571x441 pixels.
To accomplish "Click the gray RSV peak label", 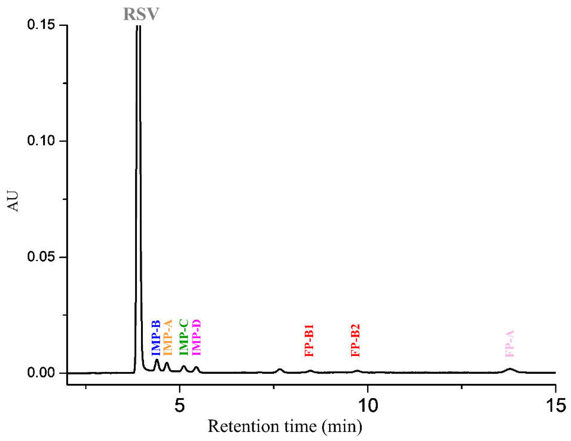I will [x=141, y=14].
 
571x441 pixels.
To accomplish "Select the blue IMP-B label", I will [x=156, y=338].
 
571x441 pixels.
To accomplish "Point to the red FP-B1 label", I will [x=309, y=340].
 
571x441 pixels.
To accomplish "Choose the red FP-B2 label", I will [x=355, y=340].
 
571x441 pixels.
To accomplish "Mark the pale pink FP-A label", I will [x=510, y=343].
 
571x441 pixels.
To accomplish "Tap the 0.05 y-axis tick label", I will [x=41, y=257].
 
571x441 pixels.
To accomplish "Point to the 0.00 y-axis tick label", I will [x=41, y=372].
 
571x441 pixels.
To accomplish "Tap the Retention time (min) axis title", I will [x=285, y=427].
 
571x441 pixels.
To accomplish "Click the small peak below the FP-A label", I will [x=510, y=370].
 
